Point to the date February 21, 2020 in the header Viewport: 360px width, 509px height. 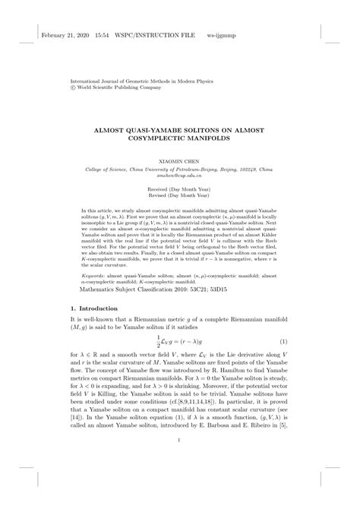[66, 36]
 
